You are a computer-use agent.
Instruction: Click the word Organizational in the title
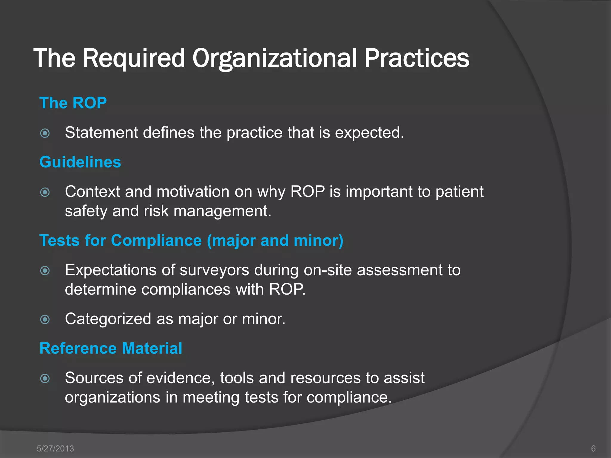point(274,58)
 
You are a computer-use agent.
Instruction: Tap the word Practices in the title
point(417,58)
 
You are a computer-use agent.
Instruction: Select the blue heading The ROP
point(73,103)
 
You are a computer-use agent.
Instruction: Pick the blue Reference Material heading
point(111,348)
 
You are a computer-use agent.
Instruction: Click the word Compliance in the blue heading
point(156,240)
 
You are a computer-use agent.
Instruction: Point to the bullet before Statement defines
point(45,133)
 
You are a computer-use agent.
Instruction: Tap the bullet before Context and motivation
point(45,192)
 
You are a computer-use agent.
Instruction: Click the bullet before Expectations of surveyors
point(45,270)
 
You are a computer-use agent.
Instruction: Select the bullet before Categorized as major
point(45,319)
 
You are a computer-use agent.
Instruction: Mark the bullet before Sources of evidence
point(45,378)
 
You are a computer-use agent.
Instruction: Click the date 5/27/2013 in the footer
point(55,448)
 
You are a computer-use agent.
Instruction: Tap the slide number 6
point(593,448)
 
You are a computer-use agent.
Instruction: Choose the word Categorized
point(108,319)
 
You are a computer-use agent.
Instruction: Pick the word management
point(222,211)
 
